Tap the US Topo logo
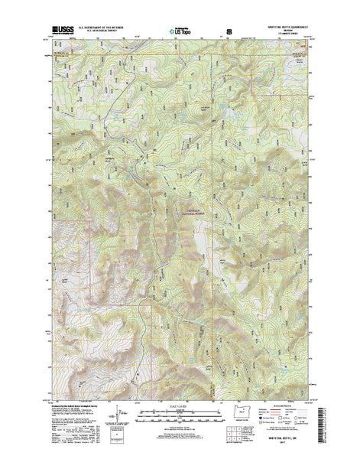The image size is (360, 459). coord(181,31)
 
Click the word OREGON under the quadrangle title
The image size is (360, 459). coord(290,31)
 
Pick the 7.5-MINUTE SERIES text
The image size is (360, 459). coord(290,35)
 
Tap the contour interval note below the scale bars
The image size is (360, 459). coord(181,426)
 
